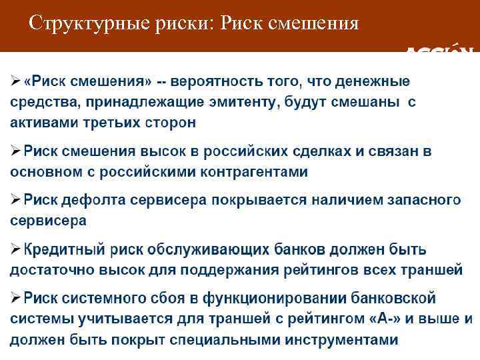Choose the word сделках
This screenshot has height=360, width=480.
(320, 151)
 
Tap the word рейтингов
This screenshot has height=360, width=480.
(317, 270)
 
